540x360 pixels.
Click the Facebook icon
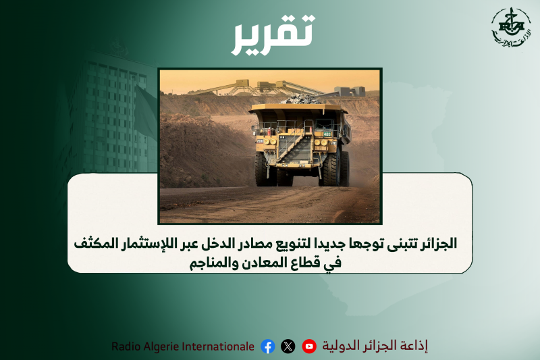[268, 346]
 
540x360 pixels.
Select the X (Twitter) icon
[288, 346]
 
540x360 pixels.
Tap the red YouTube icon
[309, 346]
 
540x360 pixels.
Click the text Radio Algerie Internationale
[183, 346]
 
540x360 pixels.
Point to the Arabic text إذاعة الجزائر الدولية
[375, 346]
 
